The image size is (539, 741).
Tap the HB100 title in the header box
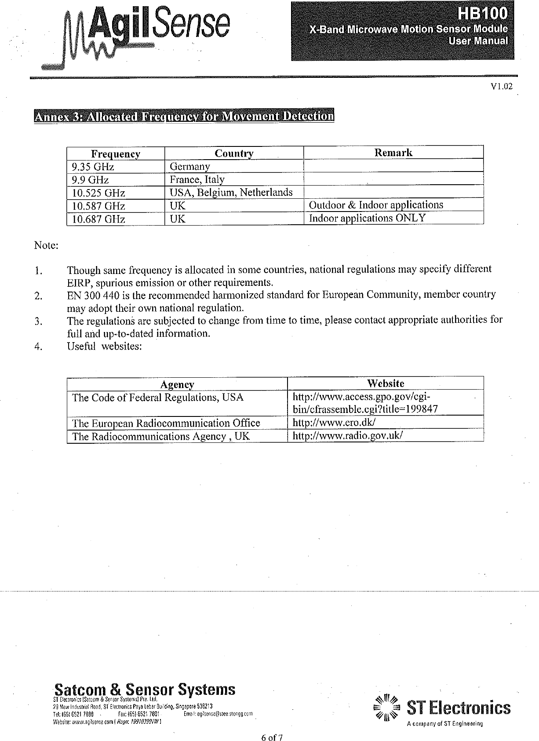[483, 15]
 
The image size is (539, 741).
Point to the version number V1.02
[502, 87]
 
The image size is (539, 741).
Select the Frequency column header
[116, 154]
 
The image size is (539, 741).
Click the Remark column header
[393, 153]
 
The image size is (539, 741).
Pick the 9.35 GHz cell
[93, 167]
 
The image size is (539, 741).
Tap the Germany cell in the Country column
[190, 167]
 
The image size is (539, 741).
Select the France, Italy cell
[197, 179]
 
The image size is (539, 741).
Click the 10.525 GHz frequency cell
[98, 193]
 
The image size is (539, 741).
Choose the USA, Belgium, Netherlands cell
[231, 193]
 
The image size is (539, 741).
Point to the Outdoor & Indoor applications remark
[376, 205]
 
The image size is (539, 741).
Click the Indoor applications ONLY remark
[367, 218]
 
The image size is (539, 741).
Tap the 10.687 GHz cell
[98, 219]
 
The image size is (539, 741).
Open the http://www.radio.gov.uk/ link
[348, 436]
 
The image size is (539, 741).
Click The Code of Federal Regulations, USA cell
[158, 398]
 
